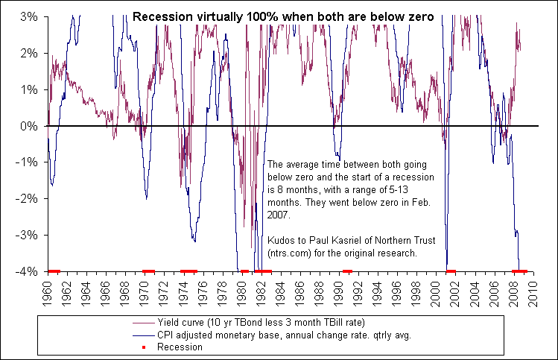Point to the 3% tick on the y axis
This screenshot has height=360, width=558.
pyautogui.click(x=28, y=16)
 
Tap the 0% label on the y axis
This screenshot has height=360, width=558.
pyautogui.click(x=28, y=126)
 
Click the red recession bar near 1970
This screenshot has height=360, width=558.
pyautogui.click(x=148, y=271)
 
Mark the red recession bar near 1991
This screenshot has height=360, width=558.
pyautogui.click(x=347, y=271)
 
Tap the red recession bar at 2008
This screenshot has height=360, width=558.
pyautogui.click(x=520, y=271)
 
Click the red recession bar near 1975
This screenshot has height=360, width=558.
pyautogui.click(x=189, y=271)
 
